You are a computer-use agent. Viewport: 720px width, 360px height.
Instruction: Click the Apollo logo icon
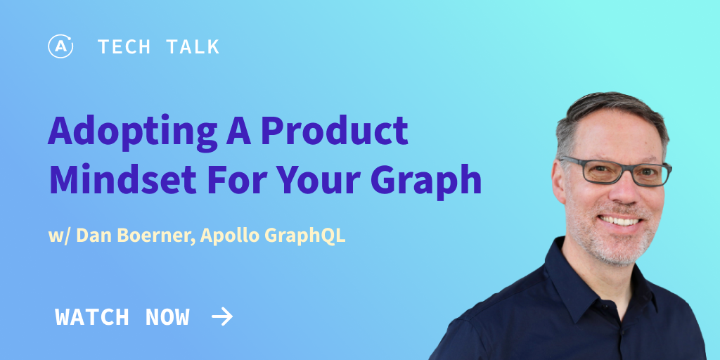tap(60, 46)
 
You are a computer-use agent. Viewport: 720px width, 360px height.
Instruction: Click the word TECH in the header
tap(124, 47)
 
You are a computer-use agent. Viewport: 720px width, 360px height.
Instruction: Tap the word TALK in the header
tap(193, 47)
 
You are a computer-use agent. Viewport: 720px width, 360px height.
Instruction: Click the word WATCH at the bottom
tap(91, 317)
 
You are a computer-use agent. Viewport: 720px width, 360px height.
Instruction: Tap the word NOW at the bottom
tap(167, 317)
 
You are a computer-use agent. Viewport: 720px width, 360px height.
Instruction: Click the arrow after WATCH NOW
tap(222, 317)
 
